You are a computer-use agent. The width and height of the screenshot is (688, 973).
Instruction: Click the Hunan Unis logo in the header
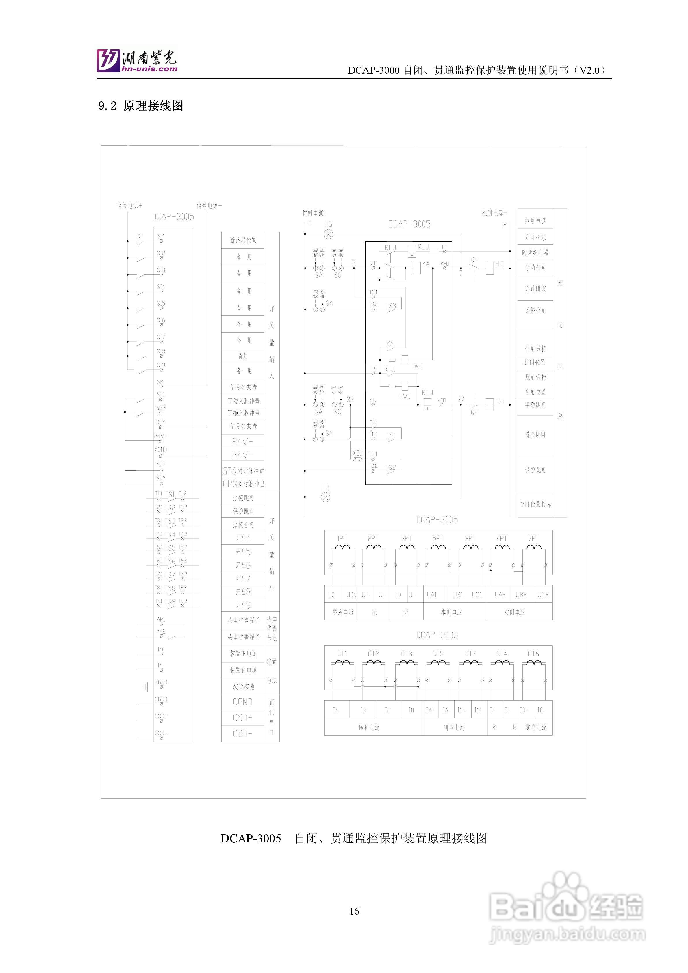click(x=136, y=60)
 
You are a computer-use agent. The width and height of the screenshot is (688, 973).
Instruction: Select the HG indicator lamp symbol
click(x=328, y=234)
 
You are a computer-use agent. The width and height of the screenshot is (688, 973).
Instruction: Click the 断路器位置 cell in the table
click(x=243, y=240)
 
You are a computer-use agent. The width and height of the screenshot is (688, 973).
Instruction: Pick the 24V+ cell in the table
click(x=242, y=442)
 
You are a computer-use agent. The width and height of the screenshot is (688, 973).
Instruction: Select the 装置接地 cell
click(x=243, y=686)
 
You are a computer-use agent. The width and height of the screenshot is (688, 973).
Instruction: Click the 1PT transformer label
click(x=342, y=538)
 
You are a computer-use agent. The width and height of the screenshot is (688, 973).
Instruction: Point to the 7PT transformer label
click(x=533, y=538)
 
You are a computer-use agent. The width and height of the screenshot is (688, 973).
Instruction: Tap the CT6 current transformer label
click(x=533, y=653)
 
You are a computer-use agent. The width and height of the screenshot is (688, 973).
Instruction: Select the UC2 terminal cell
click(x=543, y=595)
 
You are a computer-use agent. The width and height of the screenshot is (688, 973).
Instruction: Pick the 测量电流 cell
click(x=454, y=727)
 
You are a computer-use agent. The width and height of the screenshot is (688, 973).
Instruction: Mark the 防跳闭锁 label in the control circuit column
click(x=535, y=289)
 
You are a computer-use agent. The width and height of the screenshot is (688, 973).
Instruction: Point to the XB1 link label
click(x=357, y=453)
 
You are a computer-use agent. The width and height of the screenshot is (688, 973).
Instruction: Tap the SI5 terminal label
click(x=161, y=303)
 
